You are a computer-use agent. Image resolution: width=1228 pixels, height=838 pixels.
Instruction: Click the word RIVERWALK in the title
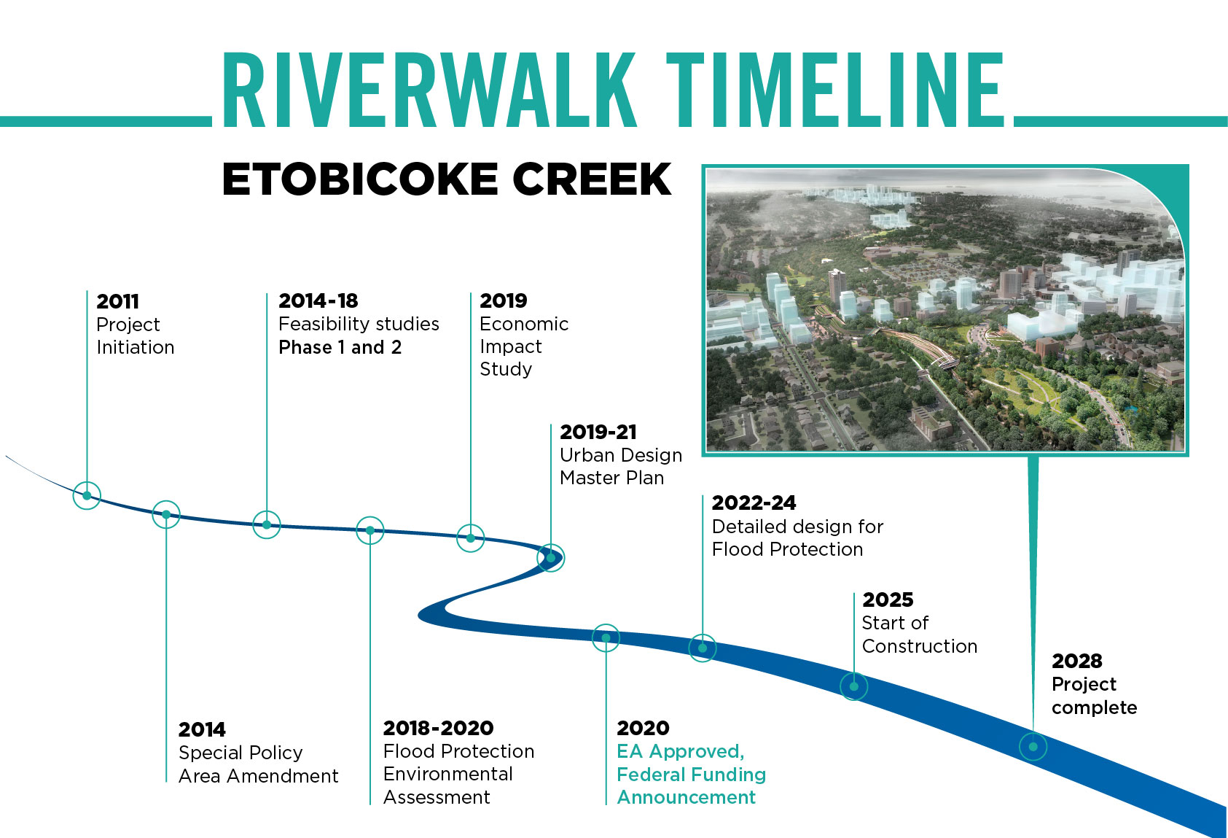(429, 91)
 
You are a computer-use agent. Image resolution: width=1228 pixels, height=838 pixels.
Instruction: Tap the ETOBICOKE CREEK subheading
(446, 179)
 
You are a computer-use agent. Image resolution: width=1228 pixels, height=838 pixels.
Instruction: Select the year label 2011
(117, 301)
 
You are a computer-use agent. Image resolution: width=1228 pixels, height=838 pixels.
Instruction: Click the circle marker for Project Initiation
(87, 496)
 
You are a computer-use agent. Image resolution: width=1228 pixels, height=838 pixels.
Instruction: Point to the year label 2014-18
(318, 300)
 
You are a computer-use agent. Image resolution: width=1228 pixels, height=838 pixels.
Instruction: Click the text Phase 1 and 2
(340, 347)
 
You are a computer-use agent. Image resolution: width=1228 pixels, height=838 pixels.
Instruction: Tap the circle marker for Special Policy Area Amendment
(166, 514)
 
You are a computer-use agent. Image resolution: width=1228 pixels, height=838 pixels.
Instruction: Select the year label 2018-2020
(438, 728)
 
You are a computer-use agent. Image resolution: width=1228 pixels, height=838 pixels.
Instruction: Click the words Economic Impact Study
(523, 346)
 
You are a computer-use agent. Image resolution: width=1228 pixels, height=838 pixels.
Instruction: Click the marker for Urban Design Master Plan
(551, 558)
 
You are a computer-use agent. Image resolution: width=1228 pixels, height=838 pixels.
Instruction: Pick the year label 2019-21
(598, 432)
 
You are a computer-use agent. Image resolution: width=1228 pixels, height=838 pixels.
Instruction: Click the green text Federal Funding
(691, 775)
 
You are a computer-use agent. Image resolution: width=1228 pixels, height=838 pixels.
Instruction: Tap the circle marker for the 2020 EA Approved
(606, 638)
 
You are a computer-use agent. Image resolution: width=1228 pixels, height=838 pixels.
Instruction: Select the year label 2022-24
(754, 503)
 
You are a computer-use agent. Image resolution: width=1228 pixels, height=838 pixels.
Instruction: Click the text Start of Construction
(918, 635)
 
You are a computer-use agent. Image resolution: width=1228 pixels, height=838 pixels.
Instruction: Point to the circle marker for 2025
(853, 686)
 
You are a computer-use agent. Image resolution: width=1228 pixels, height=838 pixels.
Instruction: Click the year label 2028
(1076, 661)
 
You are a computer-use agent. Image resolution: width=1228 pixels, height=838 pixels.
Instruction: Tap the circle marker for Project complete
(1033, 747)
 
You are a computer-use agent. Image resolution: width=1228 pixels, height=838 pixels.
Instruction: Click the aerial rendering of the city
(945, 310)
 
